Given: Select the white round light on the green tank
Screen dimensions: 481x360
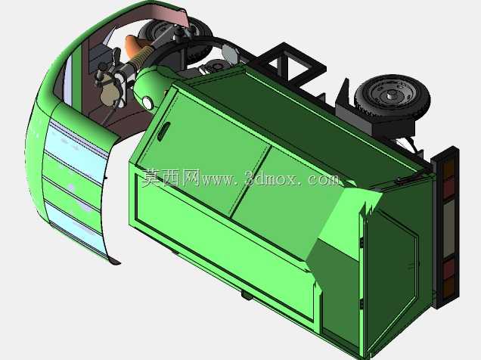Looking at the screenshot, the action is click(x=147, y=103).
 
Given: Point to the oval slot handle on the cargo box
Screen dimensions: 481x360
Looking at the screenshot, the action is click(x=163, y=132).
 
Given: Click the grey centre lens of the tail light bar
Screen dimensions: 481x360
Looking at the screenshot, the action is click(x=449, y=228).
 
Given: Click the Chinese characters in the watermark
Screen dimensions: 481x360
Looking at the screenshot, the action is click(x=171, y=178).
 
